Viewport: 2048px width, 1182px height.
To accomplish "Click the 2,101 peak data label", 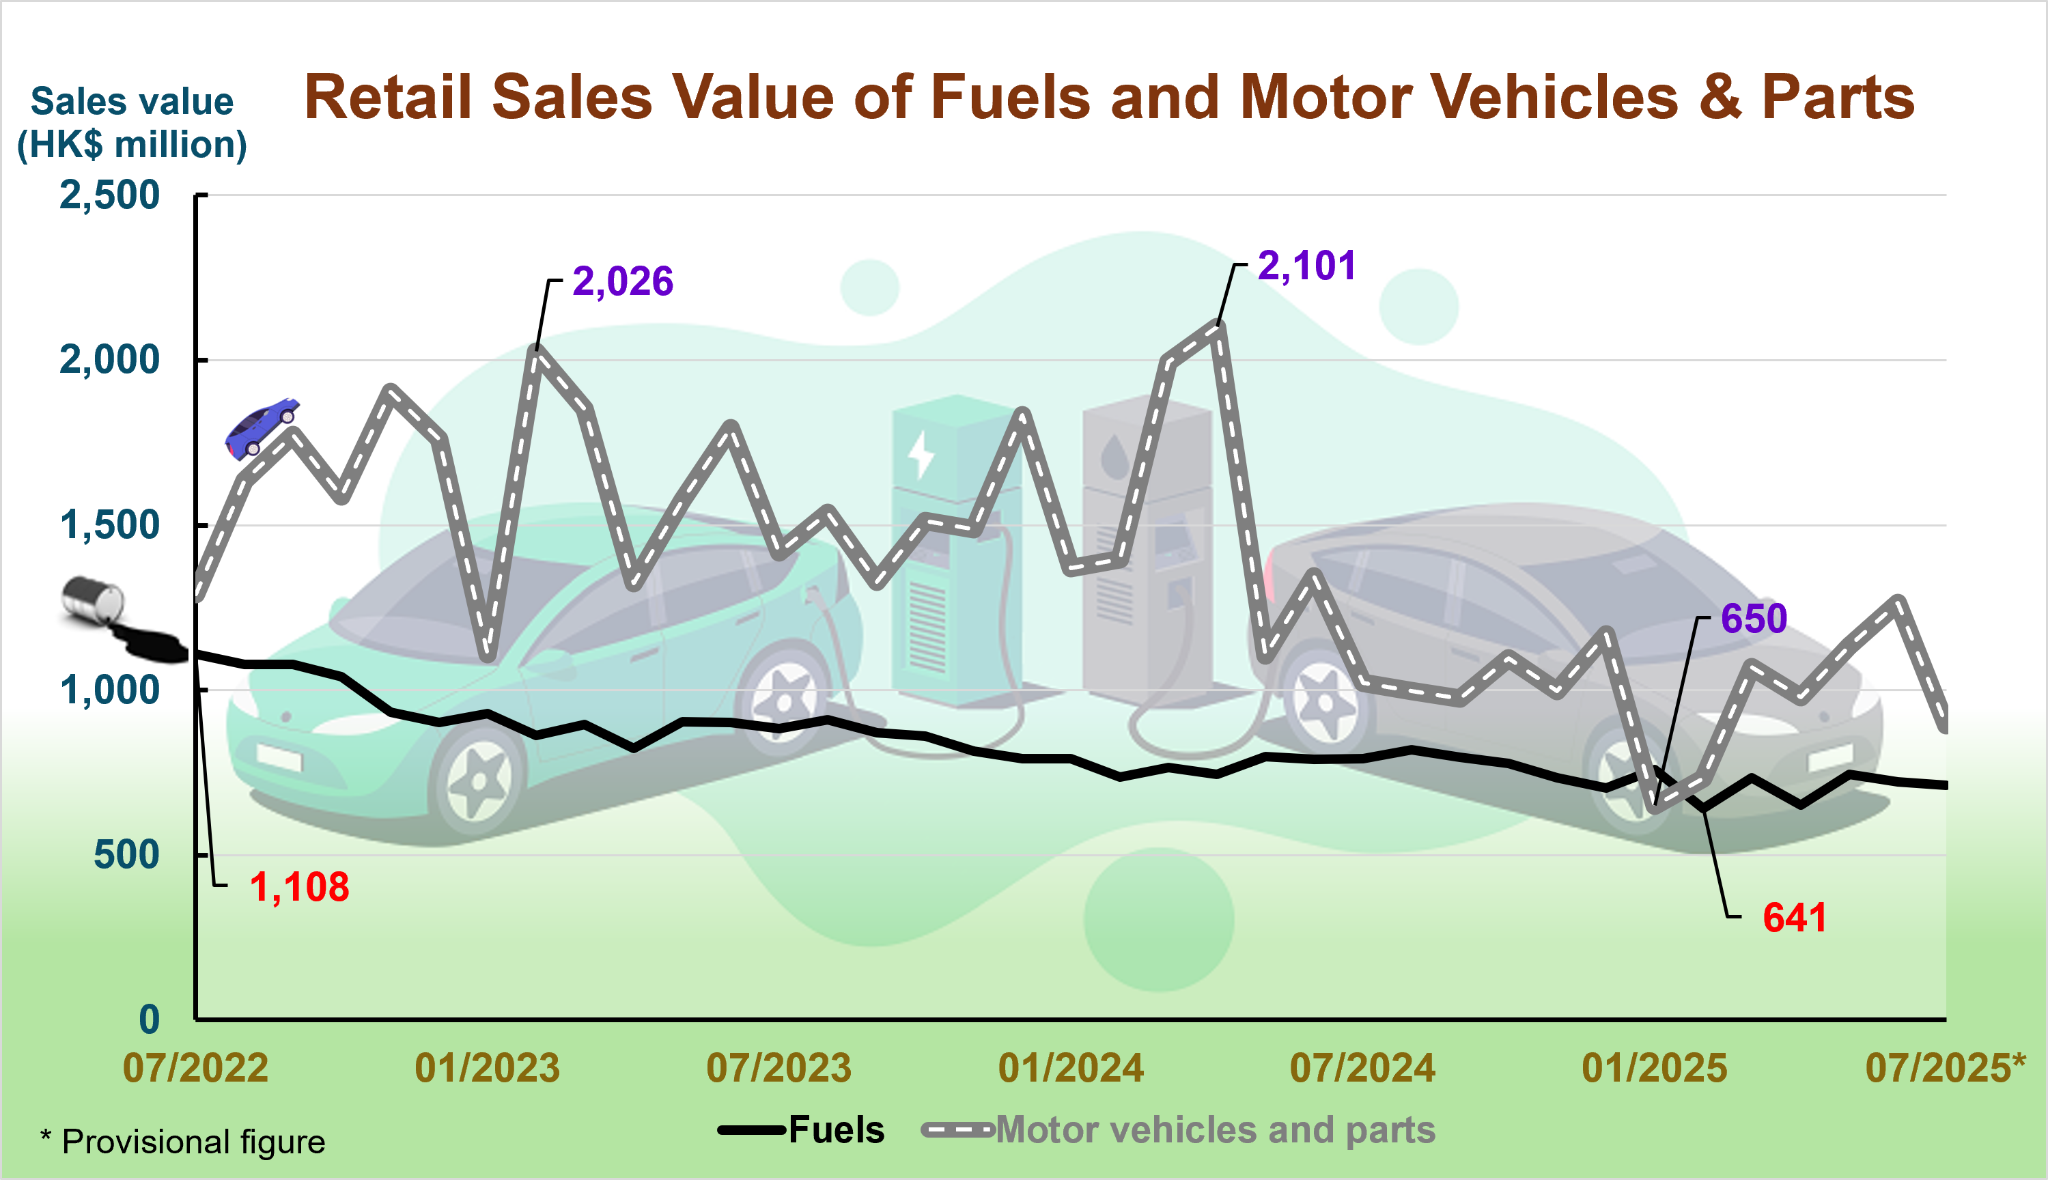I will click(1306, 266).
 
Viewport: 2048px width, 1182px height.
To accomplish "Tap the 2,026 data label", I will click(623, 282).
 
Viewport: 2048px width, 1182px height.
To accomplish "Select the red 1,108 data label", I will click(298, 887).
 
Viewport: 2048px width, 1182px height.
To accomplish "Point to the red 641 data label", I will click(1794, 918).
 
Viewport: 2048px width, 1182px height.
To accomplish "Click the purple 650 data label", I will click(1754, 619).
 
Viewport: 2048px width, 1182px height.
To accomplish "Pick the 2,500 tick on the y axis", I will click(109, 196).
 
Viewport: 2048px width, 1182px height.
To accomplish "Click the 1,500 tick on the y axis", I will click(109, 525).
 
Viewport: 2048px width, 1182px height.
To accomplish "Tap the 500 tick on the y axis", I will click(126, 855).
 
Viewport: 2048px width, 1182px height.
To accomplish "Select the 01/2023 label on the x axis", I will click(487, 1069).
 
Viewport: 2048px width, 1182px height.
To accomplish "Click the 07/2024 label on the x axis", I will click(1362, 1069).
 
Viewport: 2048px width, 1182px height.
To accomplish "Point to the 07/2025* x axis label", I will click(1945, 1069).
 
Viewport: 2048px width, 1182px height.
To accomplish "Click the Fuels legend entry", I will click(836, 1130).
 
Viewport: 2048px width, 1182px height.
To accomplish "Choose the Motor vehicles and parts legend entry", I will click(1214, 1130).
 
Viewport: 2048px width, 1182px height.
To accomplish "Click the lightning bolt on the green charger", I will click(921, 455).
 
